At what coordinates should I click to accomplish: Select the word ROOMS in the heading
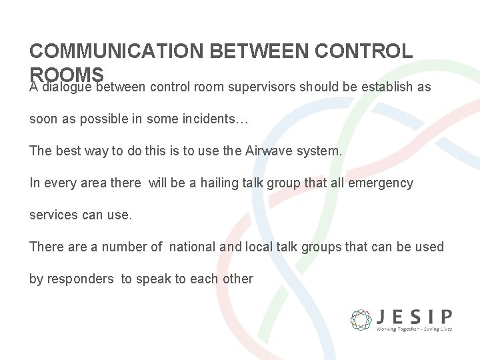coord(67,73)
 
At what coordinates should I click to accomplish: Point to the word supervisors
coord(262,87)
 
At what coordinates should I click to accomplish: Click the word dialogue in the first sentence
coord(66,87)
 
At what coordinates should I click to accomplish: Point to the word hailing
coord(216,183)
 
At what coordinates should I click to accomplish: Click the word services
coord(53,215)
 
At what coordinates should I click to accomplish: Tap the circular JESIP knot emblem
coord(361,320)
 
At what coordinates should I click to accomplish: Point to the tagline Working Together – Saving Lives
coord(414,329)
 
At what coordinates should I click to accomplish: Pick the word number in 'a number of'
coord(125,247)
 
